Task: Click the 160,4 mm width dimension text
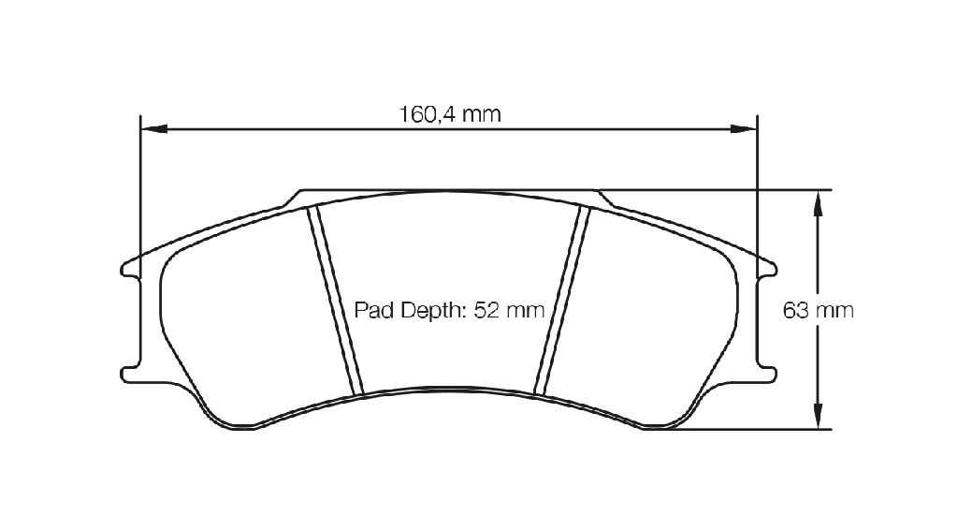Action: click(x=450, y=114)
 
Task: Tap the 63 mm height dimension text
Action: click(x=818, y=311)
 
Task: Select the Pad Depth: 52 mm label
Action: click(x=449, y=311)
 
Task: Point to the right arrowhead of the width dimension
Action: click(x=744, y=129)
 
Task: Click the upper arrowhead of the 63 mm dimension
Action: click(x=818, y=203)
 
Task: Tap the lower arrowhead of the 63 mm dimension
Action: click(x=818, y=416)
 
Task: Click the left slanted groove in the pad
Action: click(x=336, y=301)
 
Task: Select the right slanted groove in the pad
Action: click(x=561, y=301)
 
